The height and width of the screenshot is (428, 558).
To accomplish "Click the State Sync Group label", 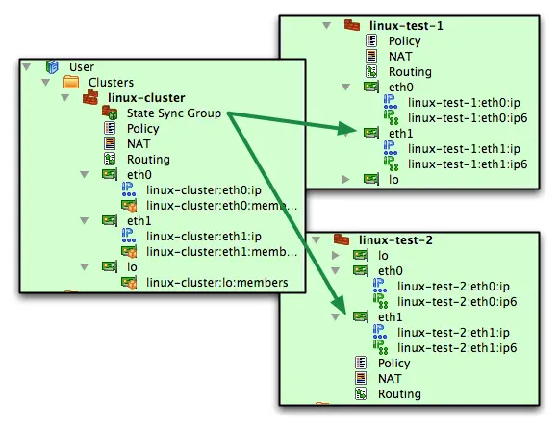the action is click(x=174, y=113).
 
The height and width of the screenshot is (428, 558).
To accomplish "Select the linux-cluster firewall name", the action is click(x=146, y=98).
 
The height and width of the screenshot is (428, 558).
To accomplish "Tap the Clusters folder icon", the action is click(x=71, y=82).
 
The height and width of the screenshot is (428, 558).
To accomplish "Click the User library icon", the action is click(x=52, y=67).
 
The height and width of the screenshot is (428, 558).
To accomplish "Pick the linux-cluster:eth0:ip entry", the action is click(x=204, y=190).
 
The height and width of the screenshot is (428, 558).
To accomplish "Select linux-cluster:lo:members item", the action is click(x=217, y=283).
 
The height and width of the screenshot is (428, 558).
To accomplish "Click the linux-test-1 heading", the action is click(x=406, y=26).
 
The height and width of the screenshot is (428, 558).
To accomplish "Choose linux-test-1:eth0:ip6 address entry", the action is click(x=468, y=117).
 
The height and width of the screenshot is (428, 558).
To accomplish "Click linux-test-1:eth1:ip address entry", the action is click(x=464, y=149).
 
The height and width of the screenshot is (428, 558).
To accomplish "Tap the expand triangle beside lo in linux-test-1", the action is click(x=345, y=179).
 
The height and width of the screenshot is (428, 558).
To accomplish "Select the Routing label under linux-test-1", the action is click(x=410, y=72).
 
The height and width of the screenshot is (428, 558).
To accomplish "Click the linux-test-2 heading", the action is click(x=395, y=240).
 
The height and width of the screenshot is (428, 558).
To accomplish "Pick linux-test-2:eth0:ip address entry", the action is click(x=453, y=287).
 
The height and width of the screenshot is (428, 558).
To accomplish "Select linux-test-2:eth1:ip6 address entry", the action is click(x=457, y=348).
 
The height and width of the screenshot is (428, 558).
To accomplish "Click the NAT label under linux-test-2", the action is click(x=390, y=379).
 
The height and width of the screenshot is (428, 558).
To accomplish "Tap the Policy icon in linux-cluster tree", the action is click(x=110, y=128).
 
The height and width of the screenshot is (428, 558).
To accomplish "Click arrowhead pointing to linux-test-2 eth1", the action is click(x=341, y=306).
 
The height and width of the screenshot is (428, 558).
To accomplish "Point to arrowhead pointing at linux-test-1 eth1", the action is click(x=346, y=129).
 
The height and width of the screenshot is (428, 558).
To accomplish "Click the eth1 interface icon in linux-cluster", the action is click(x=110, y=220).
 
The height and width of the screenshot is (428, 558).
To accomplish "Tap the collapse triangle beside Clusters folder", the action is click(x=45, y=83).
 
